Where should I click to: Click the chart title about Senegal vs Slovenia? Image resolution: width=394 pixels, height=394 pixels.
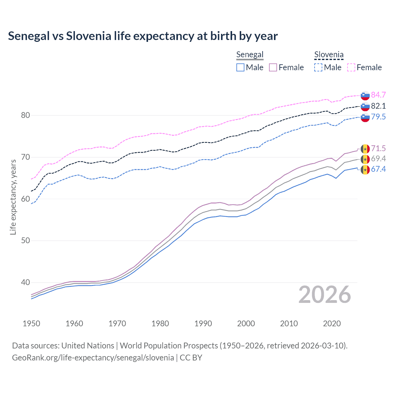point(143,36)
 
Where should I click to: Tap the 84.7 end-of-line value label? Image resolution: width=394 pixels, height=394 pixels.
point(378,95)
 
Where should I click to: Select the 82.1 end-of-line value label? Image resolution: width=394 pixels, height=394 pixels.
point(378,106)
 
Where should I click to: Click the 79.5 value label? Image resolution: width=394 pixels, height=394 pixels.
point(378,117)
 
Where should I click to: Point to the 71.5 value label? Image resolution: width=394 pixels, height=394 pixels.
point(378,148)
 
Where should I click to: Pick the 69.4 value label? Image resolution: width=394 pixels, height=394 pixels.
point(378,159)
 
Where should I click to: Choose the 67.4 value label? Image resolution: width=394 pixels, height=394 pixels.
point(378,169)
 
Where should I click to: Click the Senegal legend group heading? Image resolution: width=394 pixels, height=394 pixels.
point(250,55)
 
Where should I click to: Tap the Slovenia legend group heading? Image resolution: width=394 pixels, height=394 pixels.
point(329,55)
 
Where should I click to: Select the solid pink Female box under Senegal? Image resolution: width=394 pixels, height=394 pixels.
point(273,67)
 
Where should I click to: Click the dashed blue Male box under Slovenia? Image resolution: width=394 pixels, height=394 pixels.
point(318,67)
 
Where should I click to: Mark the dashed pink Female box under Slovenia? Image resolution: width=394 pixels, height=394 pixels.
point(351,67)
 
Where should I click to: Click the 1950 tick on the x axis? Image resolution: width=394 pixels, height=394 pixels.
point(31,324)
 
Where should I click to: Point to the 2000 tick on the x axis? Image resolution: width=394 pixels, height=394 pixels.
point(246,324)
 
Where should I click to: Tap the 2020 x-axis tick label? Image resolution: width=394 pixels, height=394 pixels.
point(332,324)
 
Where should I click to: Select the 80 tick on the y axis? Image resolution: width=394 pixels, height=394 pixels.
point(26,115)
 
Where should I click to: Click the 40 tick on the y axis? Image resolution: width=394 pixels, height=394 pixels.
point(26,282)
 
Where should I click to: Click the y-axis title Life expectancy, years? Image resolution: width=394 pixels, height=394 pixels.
point(13,197)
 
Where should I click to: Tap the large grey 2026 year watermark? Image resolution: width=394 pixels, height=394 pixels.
point(324,295)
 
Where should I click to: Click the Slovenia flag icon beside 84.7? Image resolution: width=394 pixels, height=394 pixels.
point(365,95)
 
